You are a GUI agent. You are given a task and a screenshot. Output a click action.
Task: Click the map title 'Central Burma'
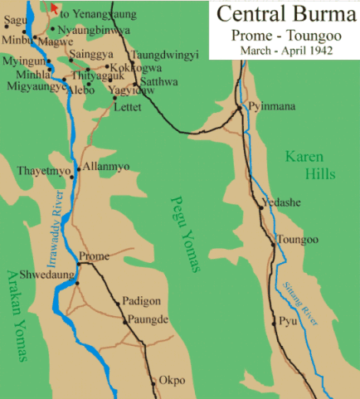click(284, 15)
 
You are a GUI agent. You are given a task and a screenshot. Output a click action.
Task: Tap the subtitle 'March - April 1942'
click(284, 51)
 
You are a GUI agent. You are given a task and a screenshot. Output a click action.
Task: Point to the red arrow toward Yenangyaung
click(55, 8)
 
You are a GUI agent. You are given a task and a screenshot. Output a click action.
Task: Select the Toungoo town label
click(298, 240)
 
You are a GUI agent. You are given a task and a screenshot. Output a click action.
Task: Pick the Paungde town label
click(148, 319)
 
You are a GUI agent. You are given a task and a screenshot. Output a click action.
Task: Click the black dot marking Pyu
click(275, 321)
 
